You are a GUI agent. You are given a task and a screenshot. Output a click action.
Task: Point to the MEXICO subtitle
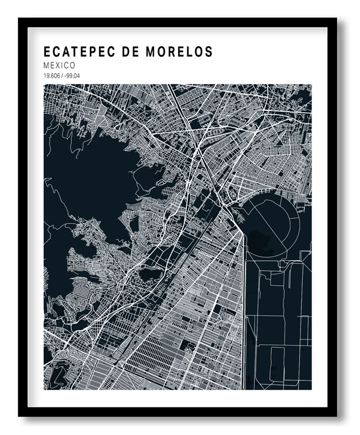(x=59, y=66)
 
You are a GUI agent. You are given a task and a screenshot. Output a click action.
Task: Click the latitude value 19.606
(x=51, y=76)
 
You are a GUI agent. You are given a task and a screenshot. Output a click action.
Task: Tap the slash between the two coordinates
(x=61, y=76)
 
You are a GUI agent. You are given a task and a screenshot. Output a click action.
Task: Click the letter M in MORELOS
(x=158, y=52)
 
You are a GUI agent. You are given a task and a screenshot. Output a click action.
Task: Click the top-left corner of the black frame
(x=19, y=19)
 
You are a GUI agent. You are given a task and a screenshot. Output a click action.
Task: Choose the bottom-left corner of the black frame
(x=19, y=415)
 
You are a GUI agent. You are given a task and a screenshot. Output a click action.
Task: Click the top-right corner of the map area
(x=312, y=85)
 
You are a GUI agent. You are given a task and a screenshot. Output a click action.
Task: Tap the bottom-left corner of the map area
(x=44, y=390)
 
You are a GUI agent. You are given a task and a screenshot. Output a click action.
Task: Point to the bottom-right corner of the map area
(x=312, y=390)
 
